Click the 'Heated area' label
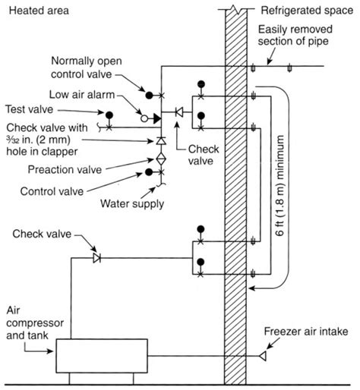pos(39,11)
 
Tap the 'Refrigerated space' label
pos(307,11)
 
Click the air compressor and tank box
pos(102,356)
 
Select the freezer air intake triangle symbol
pos(263,356)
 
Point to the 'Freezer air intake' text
pos(306,332)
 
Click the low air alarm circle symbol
pos(144,118)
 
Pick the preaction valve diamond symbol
pos(161,159)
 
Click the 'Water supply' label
pos(132,203)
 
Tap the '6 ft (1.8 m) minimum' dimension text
pos(280,185)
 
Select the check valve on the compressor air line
pos(97,258)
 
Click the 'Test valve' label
pos(30,109)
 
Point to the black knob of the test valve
pos(109,115)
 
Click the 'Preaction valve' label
pos(65,169)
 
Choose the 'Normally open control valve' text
pos(87,68)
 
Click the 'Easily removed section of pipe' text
pos(295,35)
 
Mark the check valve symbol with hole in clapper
pos(161,140)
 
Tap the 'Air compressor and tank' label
pos(35,323)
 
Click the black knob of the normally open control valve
pos(149,96)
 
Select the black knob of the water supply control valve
pos(149,172)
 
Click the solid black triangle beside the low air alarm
pos(156,118)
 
